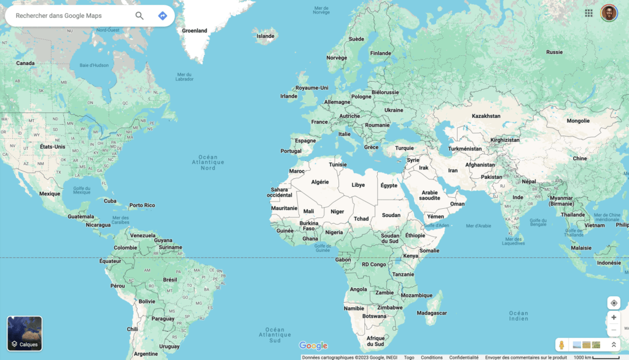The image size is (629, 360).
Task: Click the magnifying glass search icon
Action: click(x=139, y=16)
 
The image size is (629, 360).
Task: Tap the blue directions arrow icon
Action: click(x=162, y=16)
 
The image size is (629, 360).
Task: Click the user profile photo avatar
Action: click(x=608, y=13)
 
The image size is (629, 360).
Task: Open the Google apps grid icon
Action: click(x=588, y=13)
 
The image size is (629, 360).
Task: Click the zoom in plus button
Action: click(x=614, y=318)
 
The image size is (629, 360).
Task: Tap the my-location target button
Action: click(x=614, y=303)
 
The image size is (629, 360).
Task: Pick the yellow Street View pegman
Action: click(x=561, y=345)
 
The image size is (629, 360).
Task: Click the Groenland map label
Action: click(x=195, y=30)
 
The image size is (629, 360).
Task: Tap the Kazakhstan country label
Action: click(x=486, y=115)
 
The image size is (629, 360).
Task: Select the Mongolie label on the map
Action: click(x=577, y=120)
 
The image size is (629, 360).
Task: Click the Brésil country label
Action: click(x=170, y=280)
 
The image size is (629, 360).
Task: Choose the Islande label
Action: click(x=265, y=36)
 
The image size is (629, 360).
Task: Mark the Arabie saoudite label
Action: click(x=429, y=195)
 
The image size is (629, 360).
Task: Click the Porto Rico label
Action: click(x=142, y=205)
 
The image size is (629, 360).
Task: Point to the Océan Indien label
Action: click(x=518, y=316)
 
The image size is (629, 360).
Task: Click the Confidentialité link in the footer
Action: click(x=464, y=358)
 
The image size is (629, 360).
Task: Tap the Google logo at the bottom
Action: click(x=313, y=346)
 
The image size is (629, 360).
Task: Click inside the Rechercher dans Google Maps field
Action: click(x=68, y=16)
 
